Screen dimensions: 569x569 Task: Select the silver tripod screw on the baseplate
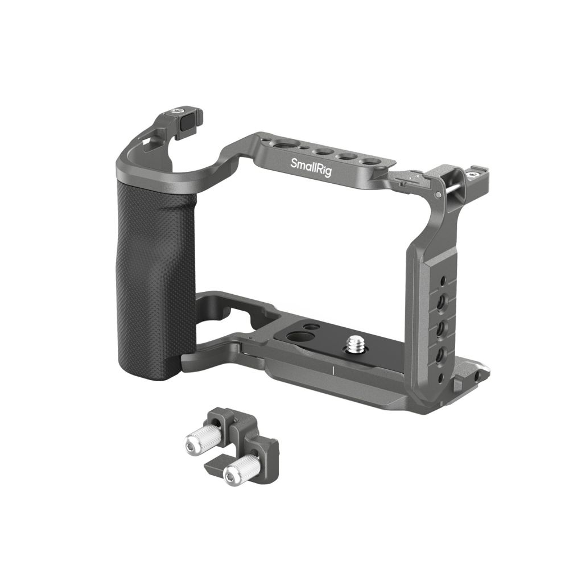click(351, 344)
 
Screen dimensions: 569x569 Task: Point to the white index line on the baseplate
click(332, 370)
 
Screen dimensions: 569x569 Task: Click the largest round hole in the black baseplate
click(295, 335)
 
